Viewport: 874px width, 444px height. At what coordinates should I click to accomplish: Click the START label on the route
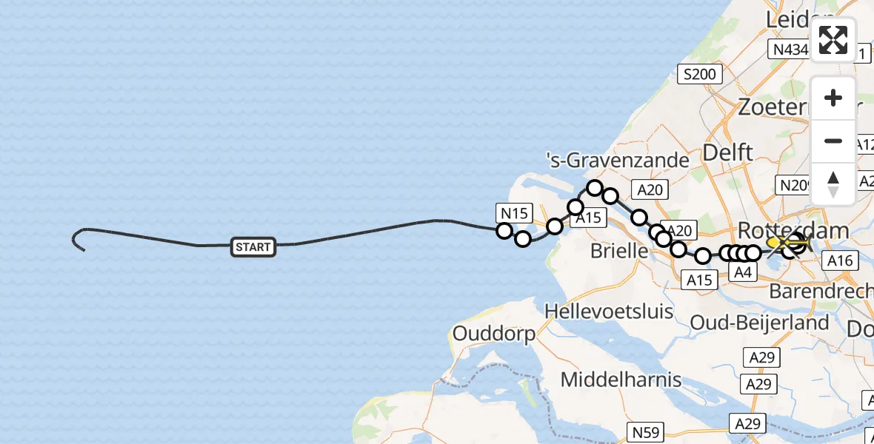pos(253,247)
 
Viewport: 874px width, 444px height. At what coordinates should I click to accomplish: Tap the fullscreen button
pos(833,40)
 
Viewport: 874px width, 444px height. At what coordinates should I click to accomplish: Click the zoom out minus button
pos(833,141)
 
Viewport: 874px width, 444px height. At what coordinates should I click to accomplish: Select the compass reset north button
pos(833,184)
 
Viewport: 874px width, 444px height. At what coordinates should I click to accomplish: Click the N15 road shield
pos(513,214)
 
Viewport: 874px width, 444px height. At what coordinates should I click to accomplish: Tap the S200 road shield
pos(698,74)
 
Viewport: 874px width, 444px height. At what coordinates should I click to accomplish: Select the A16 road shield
pos(841,260)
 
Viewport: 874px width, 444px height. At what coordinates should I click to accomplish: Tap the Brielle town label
pos(618,251)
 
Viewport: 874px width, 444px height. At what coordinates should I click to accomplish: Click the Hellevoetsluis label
pos(608,311)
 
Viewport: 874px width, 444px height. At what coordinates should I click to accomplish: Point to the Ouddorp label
pos(493,334)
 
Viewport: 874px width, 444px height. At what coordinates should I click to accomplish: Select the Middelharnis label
pos(621,380)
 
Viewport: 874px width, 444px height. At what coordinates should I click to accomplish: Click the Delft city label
pos(727,152)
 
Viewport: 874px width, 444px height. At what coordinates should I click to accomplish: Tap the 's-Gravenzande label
pos(617,160)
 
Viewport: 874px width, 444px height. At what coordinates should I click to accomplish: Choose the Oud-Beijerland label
pos(759,323)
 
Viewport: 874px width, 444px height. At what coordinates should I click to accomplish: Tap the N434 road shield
pos(791,50)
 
